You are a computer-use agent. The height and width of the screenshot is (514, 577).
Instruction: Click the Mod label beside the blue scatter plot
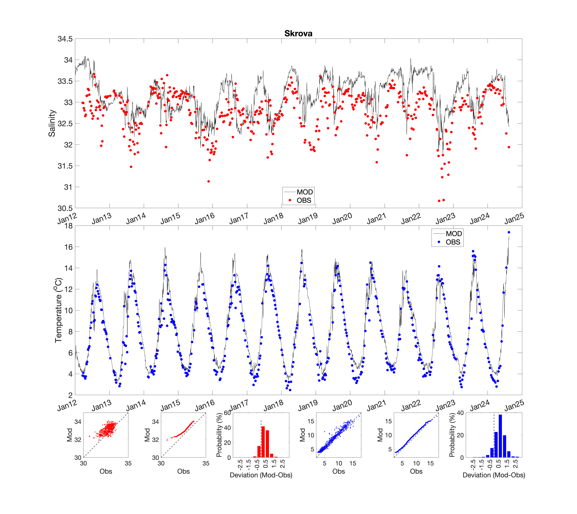click(302, 435)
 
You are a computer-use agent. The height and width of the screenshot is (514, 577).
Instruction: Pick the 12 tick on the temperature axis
click(69, 289)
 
